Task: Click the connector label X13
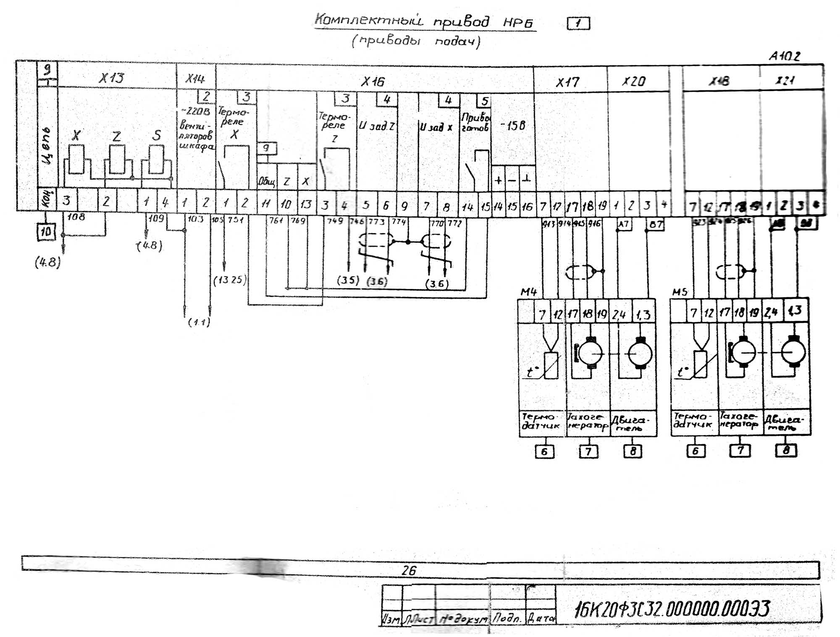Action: point(111,78)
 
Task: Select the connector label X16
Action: point(373,81)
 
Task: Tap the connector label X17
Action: point(567,82)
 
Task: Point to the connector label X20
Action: point(633,81)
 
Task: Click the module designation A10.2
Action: point(785,56)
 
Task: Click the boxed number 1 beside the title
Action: point(578,24)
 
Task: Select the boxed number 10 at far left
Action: point(46,231)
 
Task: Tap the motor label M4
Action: point(528,292)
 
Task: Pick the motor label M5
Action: point(680,292)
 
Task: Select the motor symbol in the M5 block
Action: point(793,353)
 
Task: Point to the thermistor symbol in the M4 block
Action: point(551,365)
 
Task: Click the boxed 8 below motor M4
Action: point(633,451)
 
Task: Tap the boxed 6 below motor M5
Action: point(696,451)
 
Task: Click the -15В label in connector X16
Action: point(513,126)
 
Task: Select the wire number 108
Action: point(76,217)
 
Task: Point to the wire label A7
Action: point(623,224)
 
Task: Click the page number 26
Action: point(409,570)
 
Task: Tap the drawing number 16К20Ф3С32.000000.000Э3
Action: point(672,609)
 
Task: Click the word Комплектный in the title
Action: point(369,20)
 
